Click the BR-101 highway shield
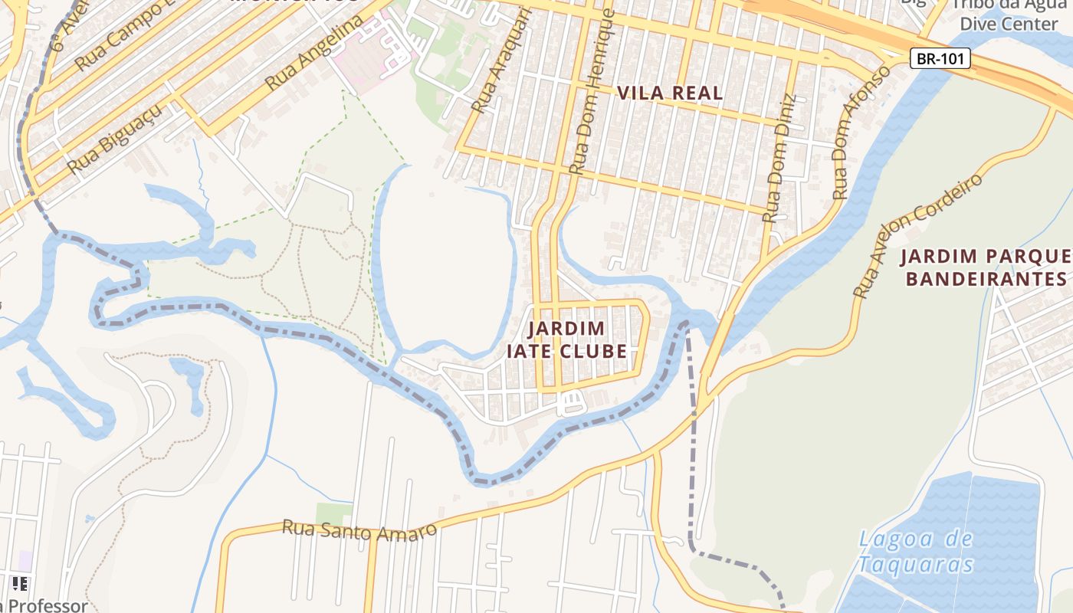coord(940,58)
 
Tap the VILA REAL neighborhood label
coord(670,93)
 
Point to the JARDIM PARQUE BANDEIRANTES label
coord(986,267)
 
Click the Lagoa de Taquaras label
coord(915,552)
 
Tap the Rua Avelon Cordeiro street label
coord(917,235)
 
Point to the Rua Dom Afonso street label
coord(861,133)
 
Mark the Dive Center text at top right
coord(1009,23)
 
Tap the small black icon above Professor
coord(20,584)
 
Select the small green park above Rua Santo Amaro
coord(334,513)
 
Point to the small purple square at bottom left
coord(25,561)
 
